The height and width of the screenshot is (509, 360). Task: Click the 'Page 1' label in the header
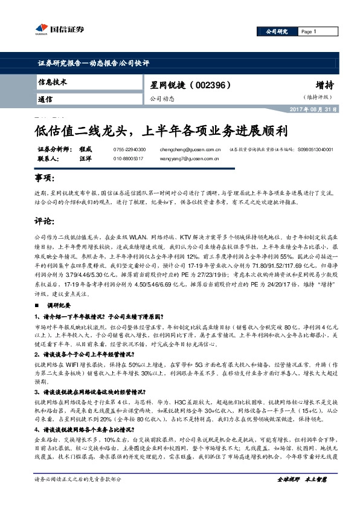coord(309,31)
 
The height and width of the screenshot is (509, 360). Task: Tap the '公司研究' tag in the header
coord(275,31)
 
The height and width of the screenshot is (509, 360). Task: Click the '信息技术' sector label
coord(52,82)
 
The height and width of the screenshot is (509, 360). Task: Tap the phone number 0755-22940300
coord(129,149)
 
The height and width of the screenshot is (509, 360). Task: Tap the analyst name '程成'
coord(86,149)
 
